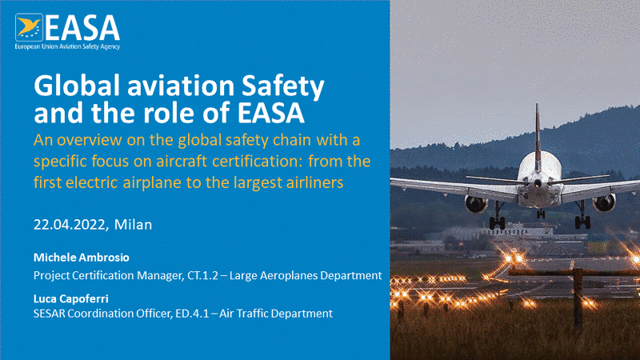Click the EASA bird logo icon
click(x=29, y=27)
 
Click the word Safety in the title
click(x=283, y=87)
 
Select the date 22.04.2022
click(x=70, y=225)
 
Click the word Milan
click(x=133, y=225)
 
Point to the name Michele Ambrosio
click(x=82, y=258)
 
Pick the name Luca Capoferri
click(x=71, y=298)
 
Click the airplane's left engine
click(x=476, y=204)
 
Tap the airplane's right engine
click(x=605, y=203)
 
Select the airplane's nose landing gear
click(x=541, y=213)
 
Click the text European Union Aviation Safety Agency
click(x=67, y=46)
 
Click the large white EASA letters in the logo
click(x=82, y=28)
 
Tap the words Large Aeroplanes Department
click(x=306, y=275)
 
